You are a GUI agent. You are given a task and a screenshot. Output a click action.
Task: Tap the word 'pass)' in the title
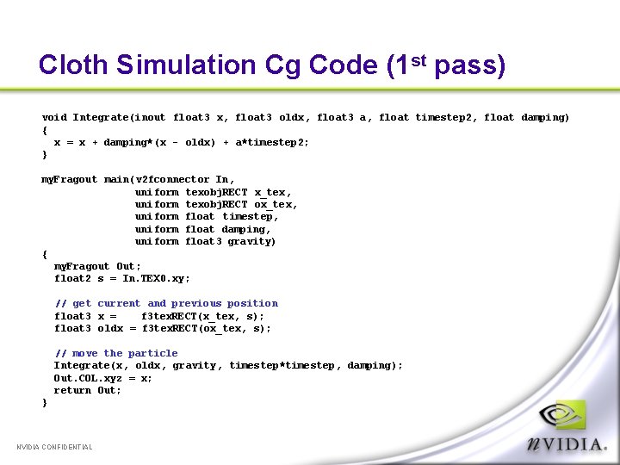(x=470, y=65)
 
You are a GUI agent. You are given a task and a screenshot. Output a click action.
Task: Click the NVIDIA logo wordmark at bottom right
(x=567, y=443)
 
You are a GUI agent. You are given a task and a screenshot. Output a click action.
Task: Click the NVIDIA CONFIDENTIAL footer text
(x=55, y=447)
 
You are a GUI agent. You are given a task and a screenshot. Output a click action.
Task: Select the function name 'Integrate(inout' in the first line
(x=119, y=117)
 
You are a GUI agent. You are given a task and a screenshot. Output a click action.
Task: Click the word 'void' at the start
(x=54, y=117)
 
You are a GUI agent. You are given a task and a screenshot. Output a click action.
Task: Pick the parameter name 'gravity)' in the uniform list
(x=252, y=241)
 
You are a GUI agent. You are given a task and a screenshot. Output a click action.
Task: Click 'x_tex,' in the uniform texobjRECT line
(x=273, y=192)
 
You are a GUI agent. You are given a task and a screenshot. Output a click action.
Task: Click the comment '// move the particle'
(x=116, y=353)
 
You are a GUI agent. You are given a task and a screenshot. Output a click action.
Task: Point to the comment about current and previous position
(x=166, y=303)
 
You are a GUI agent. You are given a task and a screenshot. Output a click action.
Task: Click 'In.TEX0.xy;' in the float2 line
(x=156, y=278)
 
